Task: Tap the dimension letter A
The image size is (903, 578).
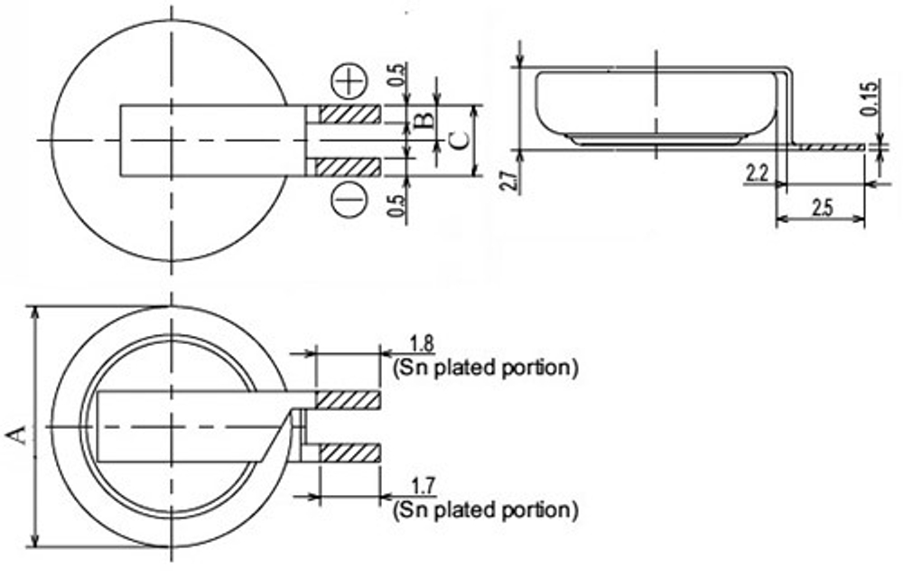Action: [16, 436]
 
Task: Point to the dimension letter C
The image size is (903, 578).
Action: [459, 140]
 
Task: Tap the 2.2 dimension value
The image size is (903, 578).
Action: [757, 172]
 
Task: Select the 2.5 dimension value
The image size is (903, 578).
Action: [821, 207]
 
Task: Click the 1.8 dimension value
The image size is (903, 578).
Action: [422, 343]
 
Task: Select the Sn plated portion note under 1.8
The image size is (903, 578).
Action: [485, 368]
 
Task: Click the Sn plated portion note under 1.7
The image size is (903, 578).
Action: [485, 510]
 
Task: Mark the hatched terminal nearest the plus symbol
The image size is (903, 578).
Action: [349, 115]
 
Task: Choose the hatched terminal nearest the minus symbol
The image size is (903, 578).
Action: [349, 167]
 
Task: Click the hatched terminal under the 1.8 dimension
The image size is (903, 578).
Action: [349, 399]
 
